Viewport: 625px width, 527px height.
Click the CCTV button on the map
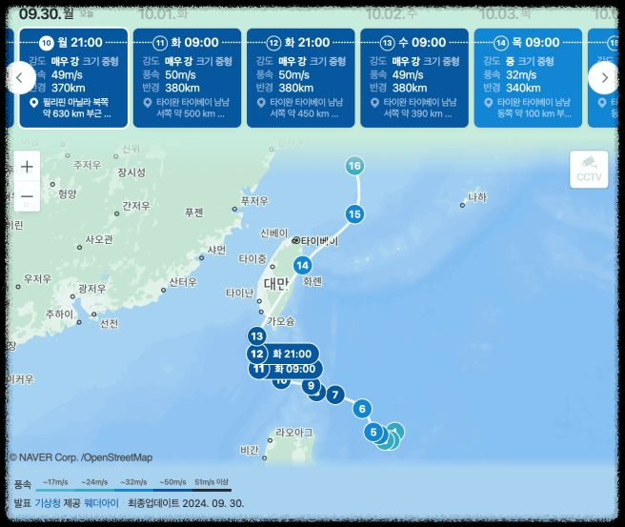click(x=589, y=169)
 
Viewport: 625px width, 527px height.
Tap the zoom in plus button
click(x=27, y=166)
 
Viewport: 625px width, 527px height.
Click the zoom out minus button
click(x=27, y=196)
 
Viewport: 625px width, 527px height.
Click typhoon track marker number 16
click(x=354, y=166)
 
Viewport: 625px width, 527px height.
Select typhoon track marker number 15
click(x=354, y=214)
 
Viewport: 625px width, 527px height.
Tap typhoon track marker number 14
click(x=302, y=265)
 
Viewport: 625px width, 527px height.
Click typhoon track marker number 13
click(x=256, y=335)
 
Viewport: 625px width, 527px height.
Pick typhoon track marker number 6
click(x=361, y=409)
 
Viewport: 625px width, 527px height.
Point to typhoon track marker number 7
click(x=334, y=395)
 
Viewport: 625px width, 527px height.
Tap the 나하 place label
click(x=476, y=197)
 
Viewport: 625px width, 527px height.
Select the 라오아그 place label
click(x=292, y=432)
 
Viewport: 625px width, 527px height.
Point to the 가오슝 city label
click(x=280, y=321)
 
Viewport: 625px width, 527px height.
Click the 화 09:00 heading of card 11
click(x=194, y=42)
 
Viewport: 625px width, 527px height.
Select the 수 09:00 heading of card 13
click(x=420, y=42)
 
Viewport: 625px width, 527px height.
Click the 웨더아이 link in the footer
click(x=101, y=502)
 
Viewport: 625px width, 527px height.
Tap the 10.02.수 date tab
click(x=392, y=13)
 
